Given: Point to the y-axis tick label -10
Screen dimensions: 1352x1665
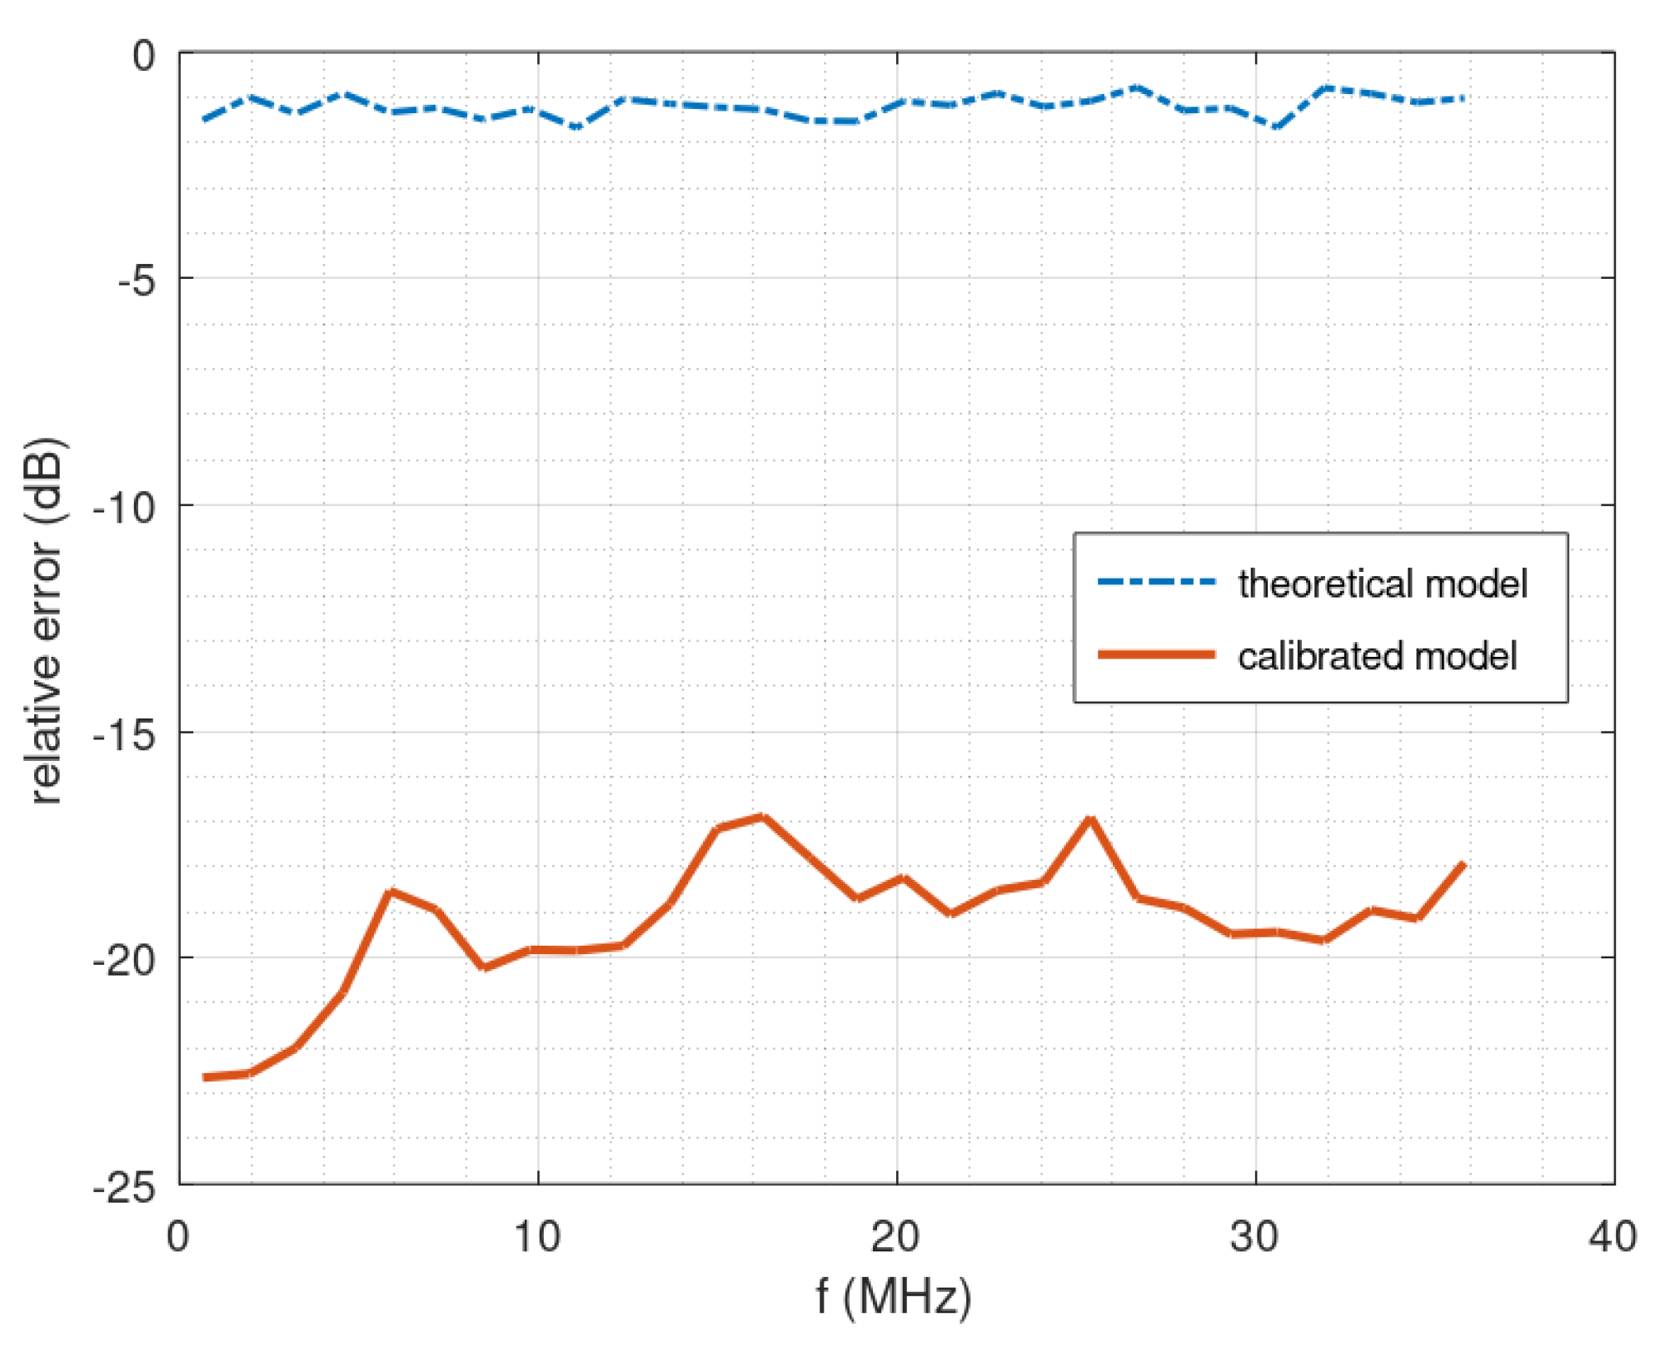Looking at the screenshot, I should click(124, 507).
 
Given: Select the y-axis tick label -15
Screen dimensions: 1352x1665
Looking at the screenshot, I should click(124, 734).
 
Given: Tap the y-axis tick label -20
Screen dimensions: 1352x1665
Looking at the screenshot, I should click(124, 961).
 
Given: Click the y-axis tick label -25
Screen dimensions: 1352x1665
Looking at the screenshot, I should click(124, 1187).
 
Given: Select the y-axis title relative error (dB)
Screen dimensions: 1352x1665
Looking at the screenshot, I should click(46, 620).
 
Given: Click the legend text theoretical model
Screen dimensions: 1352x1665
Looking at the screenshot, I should click(1383, 584).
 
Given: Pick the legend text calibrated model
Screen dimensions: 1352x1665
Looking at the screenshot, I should click(1378, 656).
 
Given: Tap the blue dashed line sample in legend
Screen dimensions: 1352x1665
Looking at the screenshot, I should click(1156, 582).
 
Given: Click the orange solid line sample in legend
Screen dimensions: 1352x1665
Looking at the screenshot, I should click(1156, 654).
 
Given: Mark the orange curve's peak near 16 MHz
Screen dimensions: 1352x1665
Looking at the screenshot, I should click(762, 817).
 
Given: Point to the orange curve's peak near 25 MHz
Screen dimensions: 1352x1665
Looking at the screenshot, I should click(1090, 819).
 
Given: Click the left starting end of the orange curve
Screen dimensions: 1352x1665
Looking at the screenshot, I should click(205, 1077).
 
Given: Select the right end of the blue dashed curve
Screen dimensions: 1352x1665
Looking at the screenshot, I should click(1463, 98).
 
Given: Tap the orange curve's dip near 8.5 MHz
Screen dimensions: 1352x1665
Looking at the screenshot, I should click(485, 967).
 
